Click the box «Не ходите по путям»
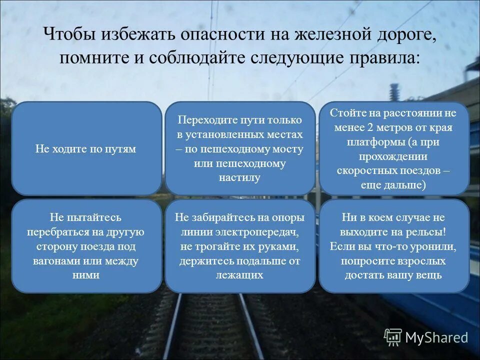tap(86, 148)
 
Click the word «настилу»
tap(239, 177)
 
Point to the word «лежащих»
tap(239, 275)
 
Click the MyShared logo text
tap(436, 337)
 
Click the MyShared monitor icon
tap(393, 337)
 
